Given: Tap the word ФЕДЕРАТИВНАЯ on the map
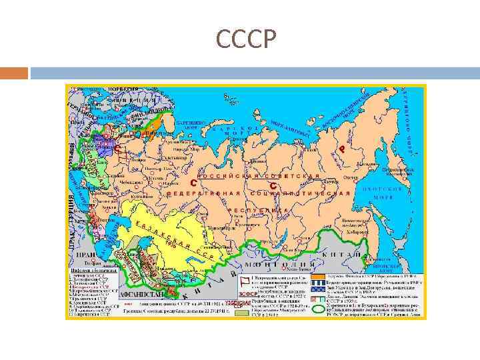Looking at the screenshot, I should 203,193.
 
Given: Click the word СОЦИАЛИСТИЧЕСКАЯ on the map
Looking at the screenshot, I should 300,193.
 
